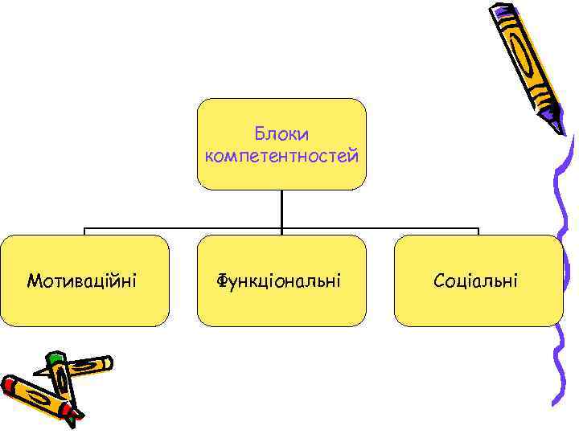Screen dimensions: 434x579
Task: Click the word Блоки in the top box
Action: coord(281,133)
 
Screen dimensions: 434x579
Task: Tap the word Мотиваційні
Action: coord(81,280)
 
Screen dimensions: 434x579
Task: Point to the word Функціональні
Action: coord(278,281)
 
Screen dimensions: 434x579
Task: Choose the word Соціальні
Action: coord(475,280)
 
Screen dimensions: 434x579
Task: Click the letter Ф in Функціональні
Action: coord(221,281)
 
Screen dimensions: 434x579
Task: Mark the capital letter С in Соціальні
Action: coord(439,280)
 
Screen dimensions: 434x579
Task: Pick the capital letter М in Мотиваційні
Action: coord(35,280)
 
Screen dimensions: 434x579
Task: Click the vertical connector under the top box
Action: coord(281,209)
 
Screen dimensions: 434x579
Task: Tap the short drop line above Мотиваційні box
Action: coord(85,231)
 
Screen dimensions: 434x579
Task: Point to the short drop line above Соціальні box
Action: coord(478,231)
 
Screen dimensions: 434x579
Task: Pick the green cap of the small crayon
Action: coord(54,359)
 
